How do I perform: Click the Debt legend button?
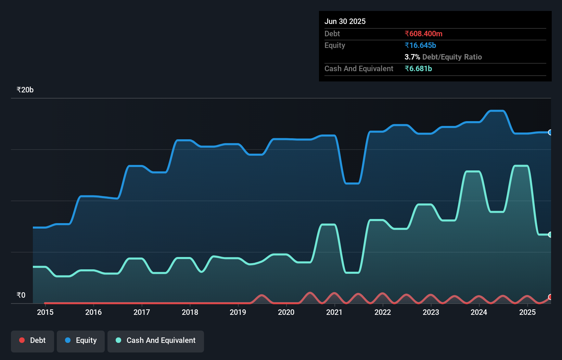[33, 341]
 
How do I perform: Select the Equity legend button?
[81, 341]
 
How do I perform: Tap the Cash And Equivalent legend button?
[156, 341]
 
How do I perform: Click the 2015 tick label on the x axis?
[45, 312]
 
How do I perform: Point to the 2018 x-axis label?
[190, 312]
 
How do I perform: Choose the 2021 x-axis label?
[334, 312]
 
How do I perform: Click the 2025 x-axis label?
[527, 312]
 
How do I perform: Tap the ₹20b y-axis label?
[25, 90]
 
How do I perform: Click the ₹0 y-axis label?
[21, 295]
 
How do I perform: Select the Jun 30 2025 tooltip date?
[345, 22]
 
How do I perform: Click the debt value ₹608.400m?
[423, 34]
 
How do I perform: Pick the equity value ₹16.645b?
[420, 46]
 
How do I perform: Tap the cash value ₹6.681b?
[418, 69]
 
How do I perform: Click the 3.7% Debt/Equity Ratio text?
[443, 57]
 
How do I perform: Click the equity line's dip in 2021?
[352, 183]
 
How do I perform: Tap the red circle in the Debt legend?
[22, 340]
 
